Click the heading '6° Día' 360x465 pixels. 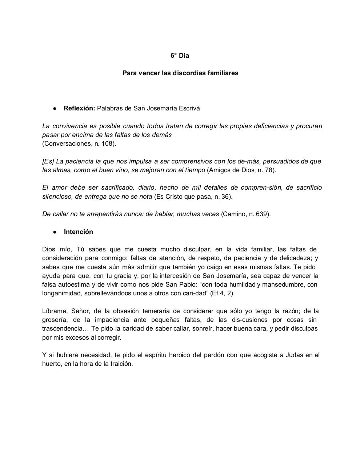tap(180, 56)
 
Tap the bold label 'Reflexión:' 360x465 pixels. tap(79, 108)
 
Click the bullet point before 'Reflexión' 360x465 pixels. tap(54, 109)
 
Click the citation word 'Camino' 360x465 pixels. tap(233, 214)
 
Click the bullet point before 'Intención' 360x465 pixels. tap(54, 232)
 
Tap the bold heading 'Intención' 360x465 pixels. tap(79, 232)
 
